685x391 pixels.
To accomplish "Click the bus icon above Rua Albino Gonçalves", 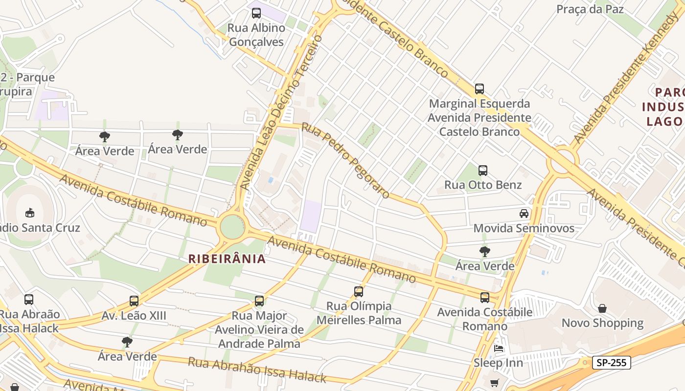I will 256,13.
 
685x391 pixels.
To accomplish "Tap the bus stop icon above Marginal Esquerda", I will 479,89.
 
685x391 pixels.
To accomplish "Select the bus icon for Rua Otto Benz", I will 483,171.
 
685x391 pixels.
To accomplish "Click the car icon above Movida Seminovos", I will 524,214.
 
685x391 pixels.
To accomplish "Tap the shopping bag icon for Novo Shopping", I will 602,308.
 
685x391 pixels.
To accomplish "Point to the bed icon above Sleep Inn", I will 499,348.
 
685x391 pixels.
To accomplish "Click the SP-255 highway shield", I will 611,363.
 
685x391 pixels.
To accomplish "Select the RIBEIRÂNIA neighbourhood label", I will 228,259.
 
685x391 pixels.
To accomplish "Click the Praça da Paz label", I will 590,9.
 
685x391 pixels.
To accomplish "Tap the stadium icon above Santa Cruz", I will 29,213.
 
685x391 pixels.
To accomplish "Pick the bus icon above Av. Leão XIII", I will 134,301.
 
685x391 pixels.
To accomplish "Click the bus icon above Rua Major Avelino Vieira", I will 259,301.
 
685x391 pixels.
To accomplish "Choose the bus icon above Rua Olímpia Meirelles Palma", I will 359,292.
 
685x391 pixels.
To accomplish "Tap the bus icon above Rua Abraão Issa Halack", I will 29,300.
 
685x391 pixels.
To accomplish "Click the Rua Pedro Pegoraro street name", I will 345,161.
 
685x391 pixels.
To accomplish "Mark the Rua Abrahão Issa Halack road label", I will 257,370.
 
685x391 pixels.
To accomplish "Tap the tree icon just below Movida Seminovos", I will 485,252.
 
